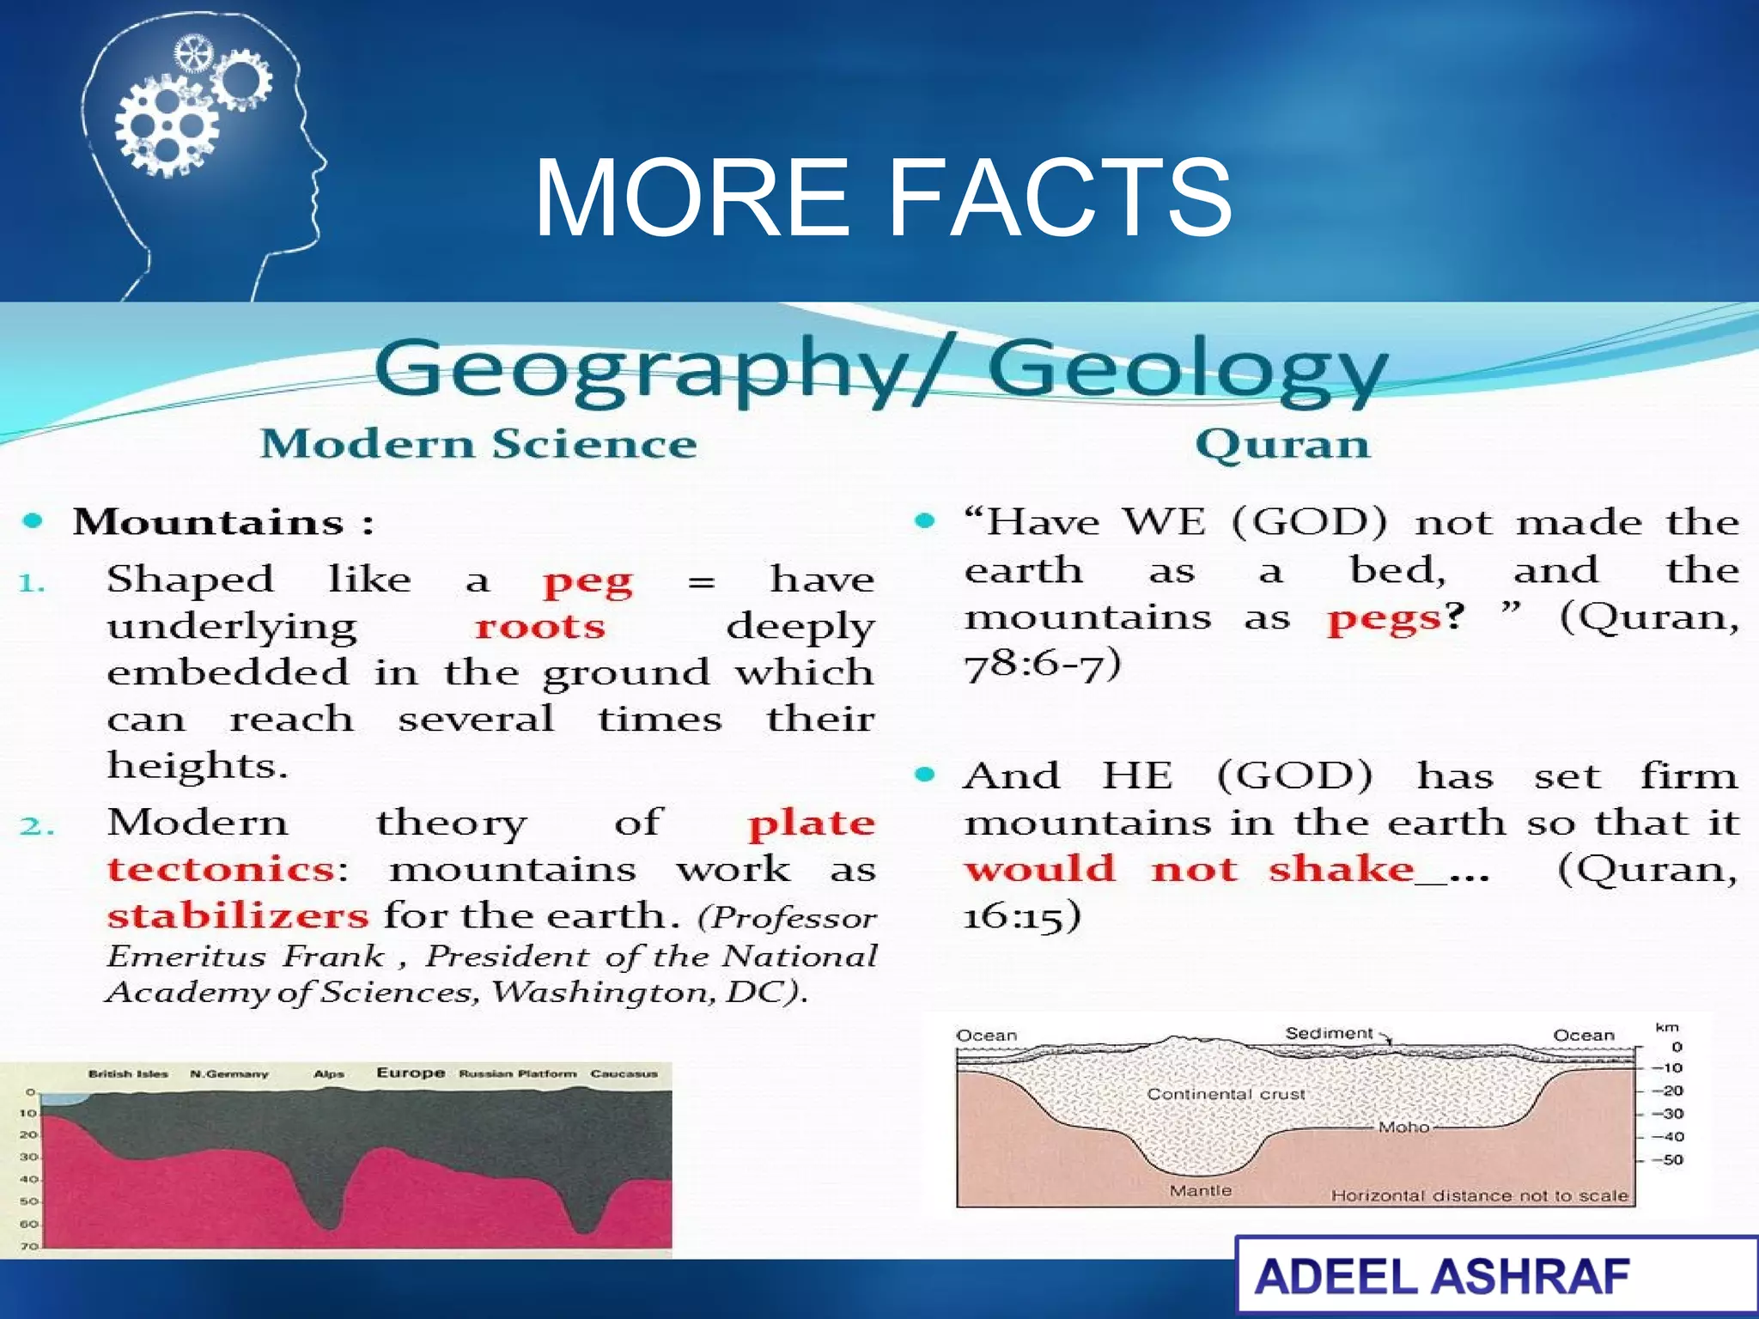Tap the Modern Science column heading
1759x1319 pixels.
478,444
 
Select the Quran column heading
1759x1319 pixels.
1282,444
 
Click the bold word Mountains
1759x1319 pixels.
209,522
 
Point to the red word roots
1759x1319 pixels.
540,627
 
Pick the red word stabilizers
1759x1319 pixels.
238,915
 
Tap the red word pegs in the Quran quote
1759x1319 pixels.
1384,618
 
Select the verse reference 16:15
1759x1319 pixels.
1021,915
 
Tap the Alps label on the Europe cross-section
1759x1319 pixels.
329,1073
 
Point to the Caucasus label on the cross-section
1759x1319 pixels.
624,1073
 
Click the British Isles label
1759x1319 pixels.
128,1073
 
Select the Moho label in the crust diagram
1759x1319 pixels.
1403,1127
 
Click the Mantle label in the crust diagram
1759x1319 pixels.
1200,1190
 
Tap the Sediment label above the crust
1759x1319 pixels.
1329,1033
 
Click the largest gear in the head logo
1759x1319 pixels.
166,127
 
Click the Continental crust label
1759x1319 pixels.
1226,1094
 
